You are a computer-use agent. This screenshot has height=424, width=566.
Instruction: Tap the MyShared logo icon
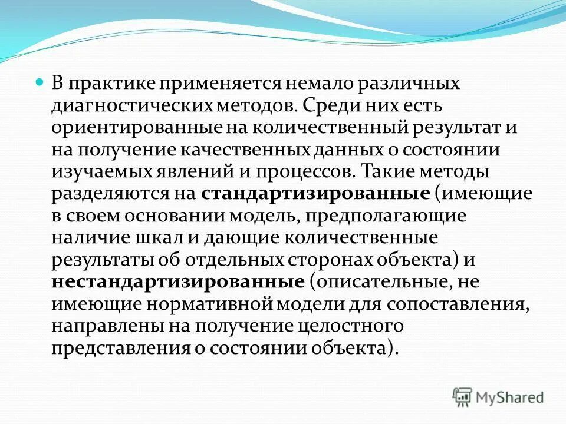pos(462,397)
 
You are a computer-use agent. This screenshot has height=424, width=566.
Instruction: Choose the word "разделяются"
pos(108,194)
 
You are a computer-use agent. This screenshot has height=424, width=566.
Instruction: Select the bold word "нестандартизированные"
pos(177,281)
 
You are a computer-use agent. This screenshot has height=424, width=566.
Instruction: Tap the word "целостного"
pos(353,325)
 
